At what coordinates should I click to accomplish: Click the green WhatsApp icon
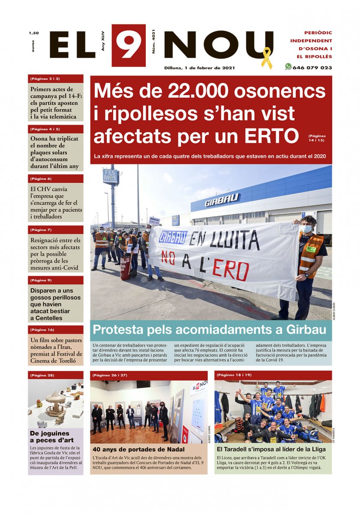pyautogui.click(x=288, y=67)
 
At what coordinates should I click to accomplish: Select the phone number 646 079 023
pyautogui.click(x=312, y=68)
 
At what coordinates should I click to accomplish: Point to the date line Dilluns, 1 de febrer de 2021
pyautogui.click(x=199, y=68)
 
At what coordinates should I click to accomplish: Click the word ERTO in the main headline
pyautogui.click(x=272, y=136)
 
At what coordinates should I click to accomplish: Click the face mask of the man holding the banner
pyautogui.click(x=306, y=229)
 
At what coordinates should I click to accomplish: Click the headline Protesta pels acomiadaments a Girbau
pyautogui.click(x=210, y=330)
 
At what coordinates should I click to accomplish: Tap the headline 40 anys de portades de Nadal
pyautogui.click(x=138, y=449)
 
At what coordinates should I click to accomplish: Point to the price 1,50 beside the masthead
pyautogui.click(x=34, y=33)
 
